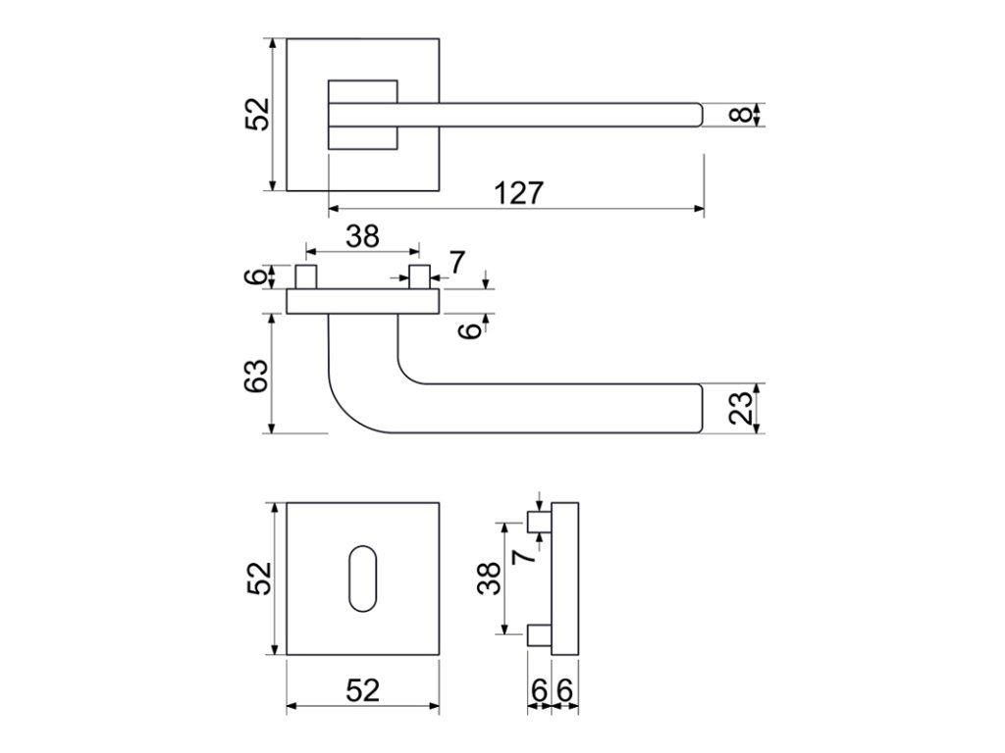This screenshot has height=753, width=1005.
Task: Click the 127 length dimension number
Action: tap(518, 193)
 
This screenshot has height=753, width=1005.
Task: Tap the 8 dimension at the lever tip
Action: tap(741, 115)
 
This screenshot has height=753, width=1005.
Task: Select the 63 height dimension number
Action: tap(256, 376)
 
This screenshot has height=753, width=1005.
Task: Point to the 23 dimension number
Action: tap(741, 408)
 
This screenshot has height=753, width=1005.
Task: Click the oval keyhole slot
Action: tap(363, 578)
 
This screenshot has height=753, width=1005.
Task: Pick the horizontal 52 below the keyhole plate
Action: tap(363, 690)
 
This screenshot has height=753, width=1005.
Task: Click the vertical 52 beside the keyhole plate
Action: tap(260, 578)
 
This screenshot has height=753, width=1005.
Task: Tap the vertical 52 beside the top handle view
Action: tap(258, 115)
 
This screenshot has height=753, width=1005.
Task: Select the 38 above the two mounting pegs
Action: tap(363, 236)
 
